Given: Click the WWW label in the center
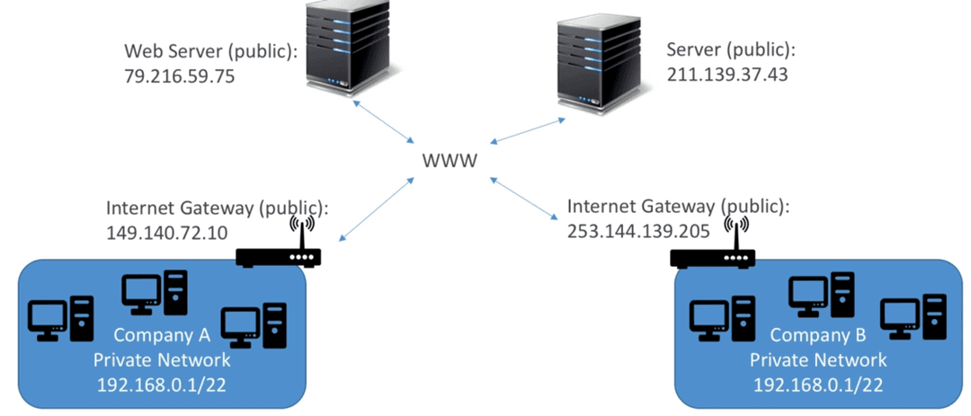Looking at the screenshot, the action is click(450, 161).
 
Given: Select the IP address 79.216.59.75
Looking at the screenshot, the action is click(180, 76).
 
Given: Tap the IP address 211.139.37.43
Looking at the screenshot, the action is click(727, 75).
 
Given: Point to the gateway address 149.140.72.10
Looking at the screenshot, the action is click(167, 233).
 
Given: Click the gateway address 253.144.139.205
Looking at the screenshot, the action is click(638, 231).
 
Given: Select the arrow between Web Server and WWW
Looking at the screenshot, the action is click(383, 121).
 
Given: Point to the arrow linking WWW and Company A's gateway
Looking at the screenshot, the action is click(376, 208).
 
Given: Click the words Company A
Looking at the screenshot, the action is click(162, 335).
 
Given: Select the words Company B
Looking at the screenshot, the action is click(817, 335).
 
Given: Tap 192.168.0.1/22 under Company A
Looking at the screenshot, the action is click(161, 385).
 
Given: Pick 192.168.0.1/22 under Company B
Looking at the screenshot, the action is click(817, 385).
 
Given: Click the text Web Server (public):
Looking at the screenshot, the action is click(211, 51).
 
